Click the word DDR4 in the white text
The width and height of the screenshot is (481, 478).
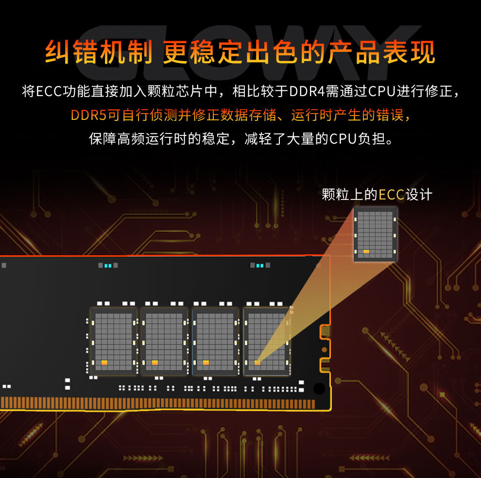(x=307, y=91)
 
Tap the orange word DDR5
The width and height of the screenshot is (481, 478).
(x=88, y=115)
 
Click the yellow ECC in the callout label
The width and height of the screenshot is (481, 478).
(x=392, y=195)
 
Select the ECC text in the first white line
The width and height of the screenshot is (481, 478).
(x=49, y=91)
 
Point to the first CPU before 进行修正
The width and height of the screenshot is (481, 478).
(x=381, y=91)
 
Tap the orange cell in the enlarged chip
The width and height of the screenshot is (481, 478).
(x=366, y=251)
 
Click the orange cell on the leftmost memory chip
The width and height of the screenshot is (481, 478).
(x=104, y=363)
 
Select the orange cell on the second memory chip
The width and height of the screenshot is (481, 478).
(x=155, y=363)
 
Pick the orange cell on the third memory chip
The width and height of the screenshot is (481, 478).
(x=206, y=363)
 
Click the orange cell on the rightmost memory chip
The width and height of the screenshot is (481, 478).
(x=258, y=363)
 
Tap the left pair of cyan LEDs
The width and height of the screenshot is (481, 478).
(x=108, y=265)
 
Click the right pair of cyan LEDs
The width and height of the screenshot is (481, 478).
(x=260, y=265)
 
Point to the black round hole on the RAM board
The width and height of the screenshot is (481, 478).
(x=319, y=389)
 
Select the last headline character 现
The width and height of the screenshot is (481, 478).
(x=423, y=51)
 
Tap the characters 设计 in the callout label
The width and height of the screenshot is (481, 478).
(x=419, y=195)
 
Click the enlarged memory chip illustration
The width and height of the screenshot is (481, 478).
(x=375, y=234)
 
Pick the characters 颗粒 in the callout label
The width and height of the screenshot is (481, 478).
(x=335, y=195)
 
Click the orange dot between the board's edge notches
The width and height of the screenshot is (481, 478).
(x=324, y=349)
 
